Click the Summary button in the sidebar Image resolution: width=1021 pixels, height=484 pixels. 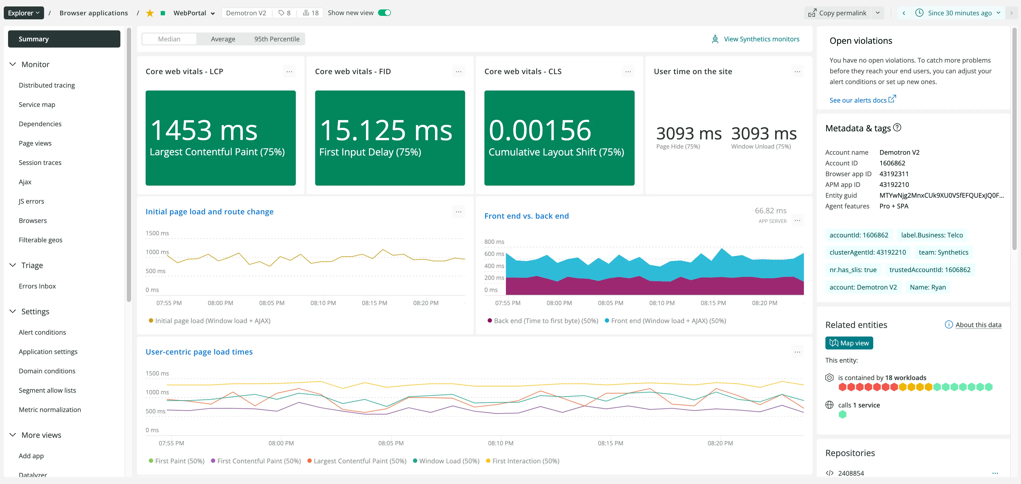click(64, 39)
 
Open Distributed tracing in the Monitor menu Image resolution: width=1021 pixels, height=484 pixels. click(47, 85)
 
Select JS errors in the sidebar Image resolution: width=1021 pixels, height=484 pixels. click(31, 201)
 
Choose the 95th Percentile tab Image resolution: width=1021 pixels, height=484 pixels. click(277, 39)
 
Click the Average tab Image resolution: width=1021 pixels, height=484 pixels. click(223, 39)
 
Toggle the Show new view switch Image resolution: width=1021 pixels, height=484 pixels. click(384, 13)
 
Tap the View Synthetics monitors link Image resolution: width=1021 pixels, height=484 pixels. click(761, 39)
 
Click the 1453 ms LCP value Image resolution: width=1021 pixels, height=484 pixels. click(204, 130)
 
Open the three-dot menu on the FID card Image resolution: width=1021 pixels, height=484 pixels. click(459, 72)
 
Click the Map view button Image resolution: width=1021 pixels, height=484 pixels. click(849, 343)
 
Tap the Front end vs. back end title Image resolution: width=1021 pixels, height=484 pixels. click(526, 216)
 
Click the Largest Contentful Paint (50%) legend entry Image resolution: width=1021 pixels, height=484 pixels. click(359, 461)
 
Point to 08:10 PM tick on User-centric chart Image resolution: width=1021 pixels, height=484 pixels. click(501, 443)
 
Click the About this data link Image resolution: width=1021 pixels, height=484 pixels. click(978, 325)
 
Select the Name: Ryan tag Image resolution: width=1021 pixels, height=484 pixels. click(927, 287)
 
